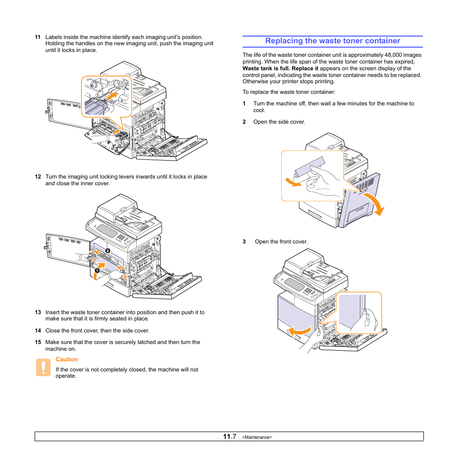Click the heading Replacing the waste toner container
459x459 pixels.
[332, 41]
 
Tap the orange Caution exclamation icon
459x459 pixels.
[43, 367]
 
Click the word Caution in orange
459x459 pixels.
[66, 359]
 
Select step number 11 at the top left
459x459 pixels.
[37, 37]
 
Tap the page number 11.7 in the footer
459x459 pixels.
[229, 436]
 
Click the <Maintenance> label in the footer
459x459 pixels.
[257, 437]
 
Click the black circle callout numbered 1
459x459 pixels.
[97, 271]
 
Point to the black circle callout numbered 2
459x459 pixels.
[108, 251]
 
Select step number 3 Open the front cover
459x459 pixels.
[244, 242]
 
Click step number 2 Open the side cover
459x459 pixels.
[244, 122]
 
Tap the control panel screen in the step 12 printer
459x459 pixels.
[108, 232]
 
